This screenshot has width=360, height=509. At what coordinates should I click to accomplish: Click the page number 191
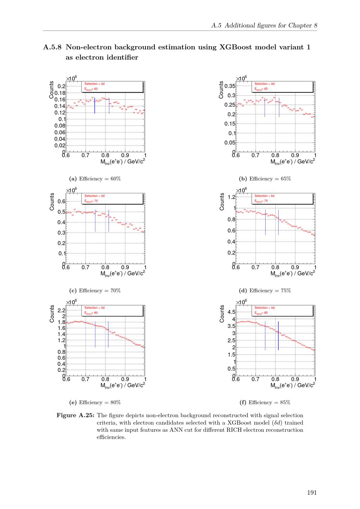click(312, 492)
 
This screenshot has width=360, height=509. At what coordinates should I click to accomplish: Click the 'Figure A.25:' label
click(76, 415)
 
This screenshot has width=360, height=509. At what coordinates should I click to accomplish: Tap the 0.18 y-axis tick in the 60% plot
click(60, 93)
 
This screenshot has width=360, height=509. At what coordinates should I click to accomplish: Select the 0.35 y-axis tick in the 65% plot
click(230, 86)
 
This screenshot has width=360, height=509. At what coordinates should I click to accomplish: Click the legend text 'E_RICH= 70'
click(91, 201)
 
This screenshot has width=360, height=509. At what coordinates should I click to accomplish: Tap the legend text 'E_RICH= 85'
click(261, 313)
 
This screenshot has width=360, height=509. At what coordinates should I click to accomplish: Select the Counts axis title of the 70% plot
click(52, 202)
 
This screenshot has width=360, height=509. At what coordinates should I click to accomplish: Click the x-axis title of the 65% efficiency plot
click(293, 162)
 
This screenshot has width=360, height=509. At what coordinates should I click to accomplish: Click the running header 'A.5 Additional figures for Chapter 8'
click(264, 25)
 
